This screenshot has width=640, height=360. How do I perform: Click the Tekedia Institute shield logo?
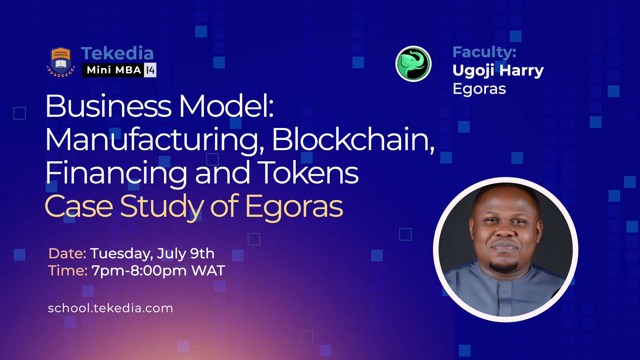(x=61, y=62)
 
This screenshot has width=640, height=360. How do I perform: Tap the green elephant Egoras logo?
(x=413, y=64)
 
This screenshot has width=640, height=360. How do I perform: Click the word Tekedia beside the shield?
(x=117, y=53)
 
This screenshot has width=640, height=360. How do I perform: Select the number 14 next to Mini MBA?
(x=150, y=70)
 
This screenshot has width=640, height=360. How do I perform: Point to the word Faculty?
(x=484, y=52)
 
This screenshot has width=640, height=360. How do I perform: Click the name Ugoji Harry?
(x=498, y=70)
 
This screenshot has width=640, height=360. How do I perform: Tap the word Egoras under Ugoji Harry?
(x=479, y=89)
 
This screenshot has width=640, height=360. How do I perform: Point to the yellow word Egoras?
(x=294, y=207)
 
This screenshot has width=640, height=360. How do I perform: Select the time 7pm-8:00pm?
(x=139, y=271)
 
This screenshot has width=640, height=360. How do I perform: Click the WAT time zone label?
(x=208, y=271)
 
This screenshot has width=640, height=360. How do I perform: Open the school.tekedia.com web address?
(x=110, y=308)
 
